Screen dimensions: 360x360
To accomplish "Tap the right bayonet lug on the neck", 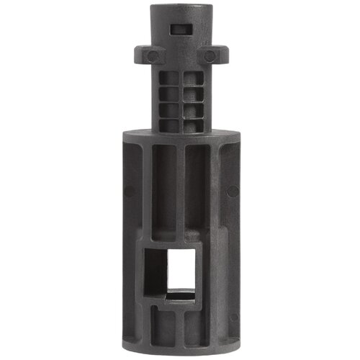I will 214,56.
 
